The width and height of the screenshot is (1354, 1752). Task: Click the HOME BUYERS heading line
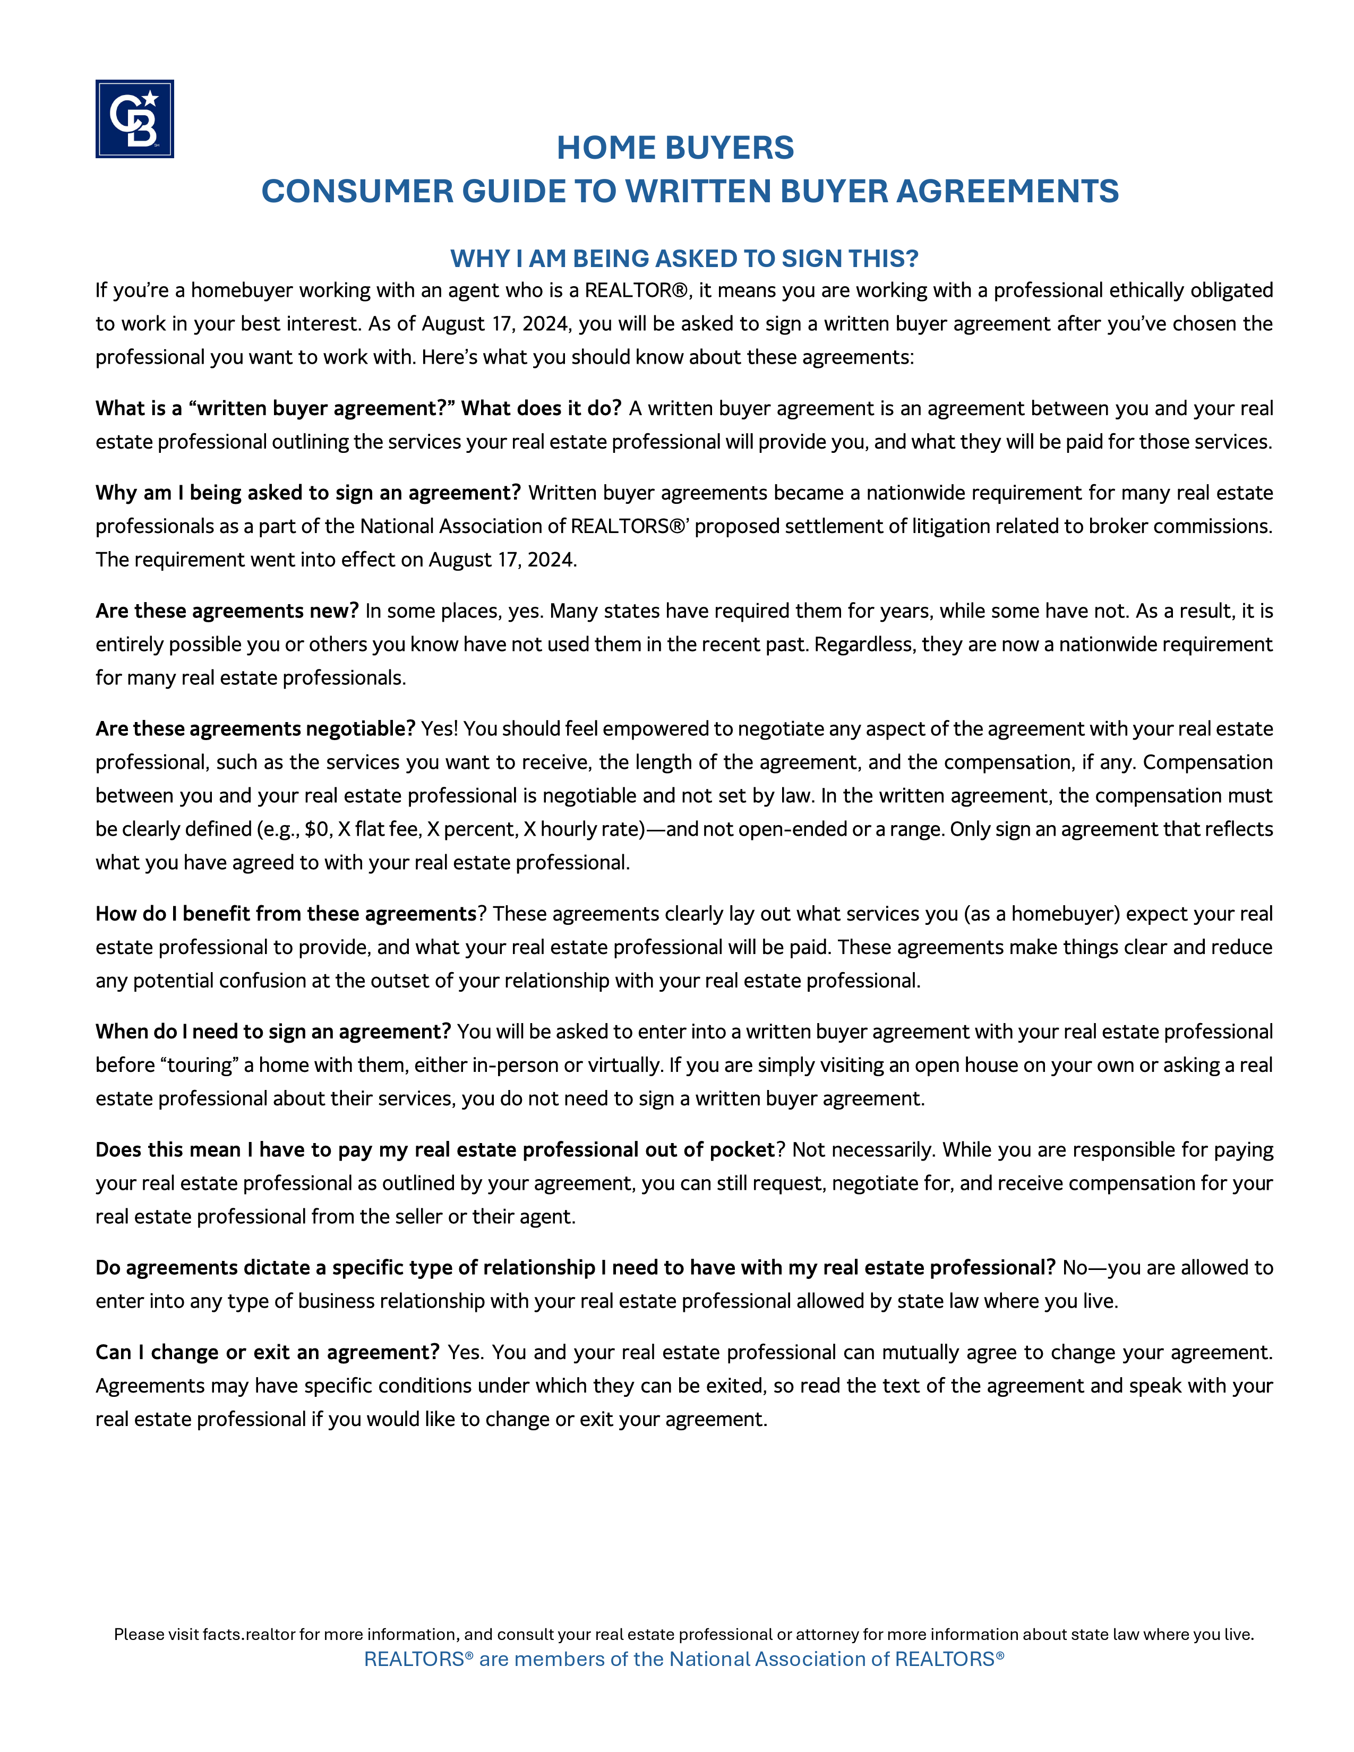pyautogui.click(x=675, y=148)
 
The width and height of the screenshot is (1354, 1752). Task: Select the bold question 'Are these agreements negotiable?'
pyautogui.click(x=255, y=728)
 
